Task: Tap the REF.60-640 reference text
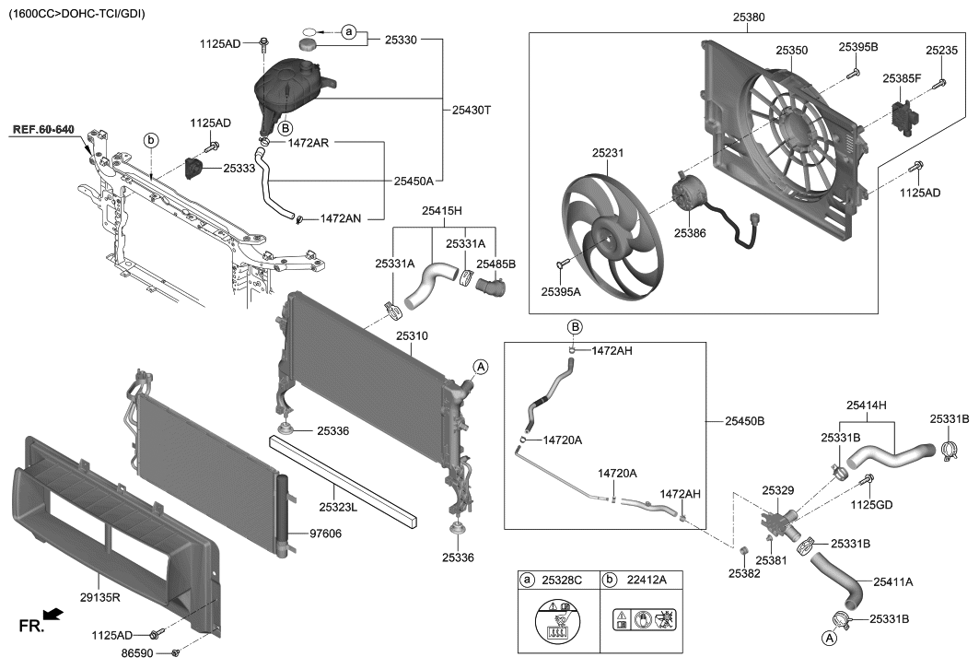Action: click(x=43, y=130)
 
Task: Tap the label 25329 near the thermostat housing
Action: click(x=778, y=490)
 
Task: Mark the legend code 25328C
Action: click(x=563, y=580)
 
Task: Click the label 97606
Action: click(x=327, y=534)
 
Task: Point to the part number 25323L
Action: click(x=339, y=506)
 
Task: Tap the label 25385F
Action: click(x=902, y=79)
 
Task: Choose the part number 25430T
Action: click(x=472, y=110)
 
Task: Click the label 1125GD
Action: click(x=870, y=504)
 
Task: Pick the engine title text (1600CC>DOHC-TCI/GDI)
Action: click(x=76, y=14)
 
